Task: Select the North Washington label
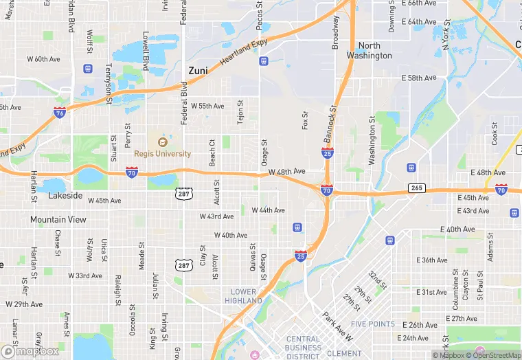point(369,50)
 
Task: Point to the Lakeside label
point(65,196)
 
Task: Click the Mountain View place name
point(58,219)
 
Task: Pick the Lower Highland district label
point(245,296)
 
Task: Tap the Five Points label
point(372,324)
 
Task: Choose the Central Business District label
point(303,348)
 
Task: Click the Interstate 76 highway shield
point(60,112)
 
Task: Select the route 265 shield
point(417,188)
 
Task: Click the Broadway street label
point(336,32)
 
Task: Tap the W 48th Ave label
point(287,171)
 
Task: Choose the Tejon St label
point(240,112)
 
